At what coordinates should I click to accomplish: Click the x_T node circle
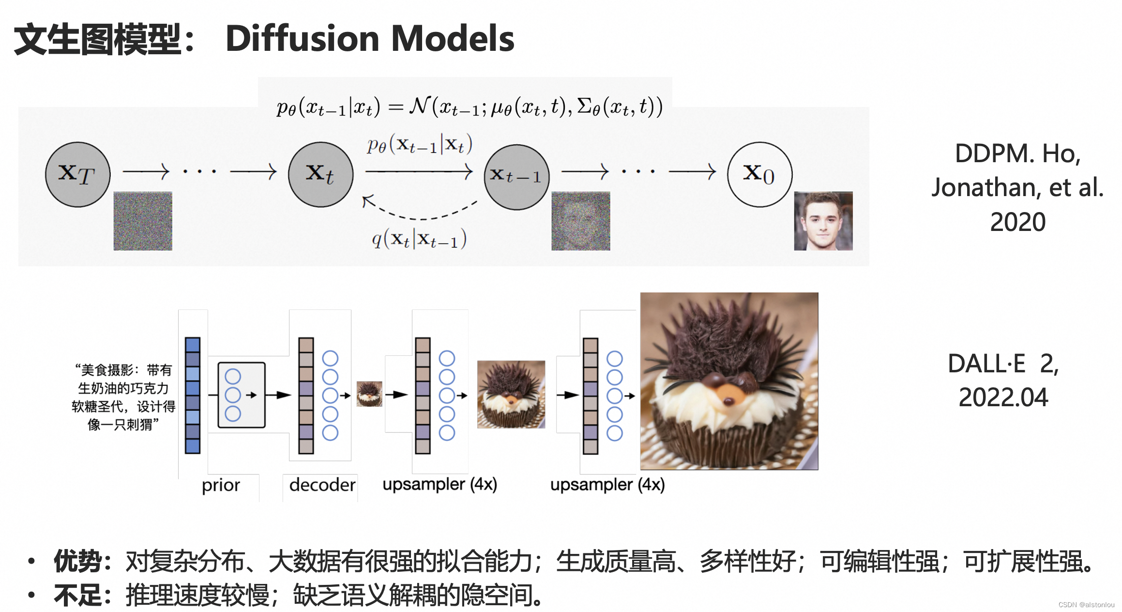pyautogui.click(x=77, y=174)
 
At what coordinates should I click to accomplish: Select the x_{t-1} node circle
pyautogui.click(x=516, y=177)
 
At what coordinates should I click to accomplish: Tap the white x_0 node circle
pyautogui.click(x=759, y=174)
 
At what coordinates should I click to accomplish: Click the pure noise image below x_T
pyautogui.click(x=143, y=221)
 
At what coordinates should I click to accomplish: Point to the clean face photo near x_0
pyautogui.click(x=823, y=221)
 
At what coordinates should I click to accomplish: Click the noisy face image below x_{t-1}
pyautogui.click(x=580, y=221)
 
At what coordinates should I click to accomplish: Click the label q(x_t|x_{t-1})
pyautogui.click(x=419, y=239)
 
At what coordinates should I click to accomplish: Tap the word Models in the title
pyautogui.click(x=453, y=39)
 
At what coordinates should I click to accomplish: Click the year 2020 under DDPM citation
pyautogui.click(x=1017, y=222)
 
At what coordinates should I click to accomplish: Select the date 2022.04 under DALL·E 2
pyautogui.click(x=1003, y=398)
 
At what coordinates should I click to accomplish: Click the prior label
pyautogui.click(x=221, y=485)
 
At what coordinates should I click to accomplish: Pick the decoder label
pyautogui.click(x=322, y=485)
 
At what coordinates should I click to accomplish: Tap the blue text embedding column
pyautogui.click(x=193, y=395)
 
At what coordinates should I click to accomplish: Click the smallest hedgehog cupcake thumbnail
pyautogui.click(x=369, y=394)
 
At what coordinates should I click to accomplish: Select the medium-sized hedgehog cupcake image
pyautogui.click(x=511, y=394)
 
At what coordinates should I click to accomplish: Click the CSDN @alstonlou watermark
pyautogui.click(x=1086, y=605)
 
